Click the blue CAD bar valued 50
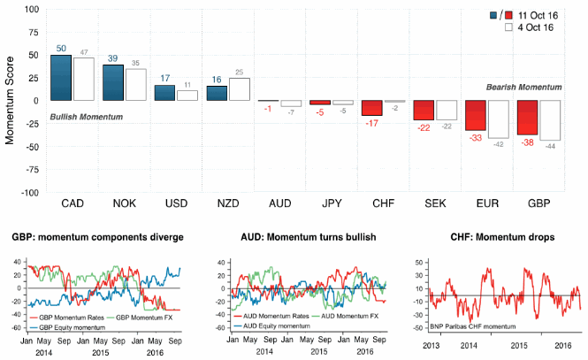[x=60, y=78]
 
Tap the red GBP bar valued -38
[x=528, y=118]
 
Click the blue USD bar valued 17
[x=165, y=92]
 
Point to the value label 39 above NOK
[x=113, y=57]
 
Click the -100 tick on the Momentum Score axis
[x=27, y=192]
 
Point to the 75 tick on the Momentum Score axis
[x=32, y=32]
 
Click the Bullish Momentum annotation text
[x=85, y=117]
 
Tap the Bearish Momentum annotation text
[x=524, y=88]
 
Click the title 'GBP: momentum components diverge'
[x=95, y=237]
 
